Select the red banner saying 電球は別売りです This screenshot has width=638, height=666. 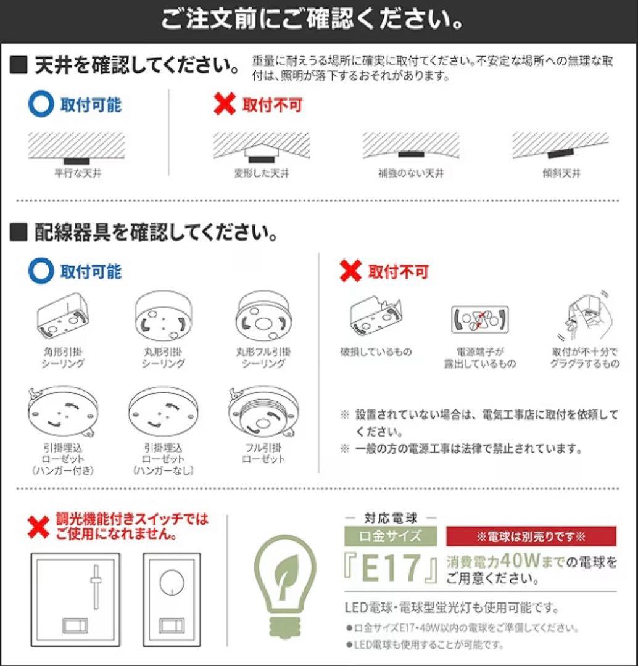[x=531, y=536]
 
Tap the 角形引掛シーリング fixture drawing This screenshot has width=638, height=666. [x=62, y=318]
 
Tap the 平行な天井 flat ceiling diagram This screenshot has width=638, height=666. [x=77, y=147]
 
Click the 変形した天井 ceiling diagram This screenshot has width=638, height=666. [x=261, y=147]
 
